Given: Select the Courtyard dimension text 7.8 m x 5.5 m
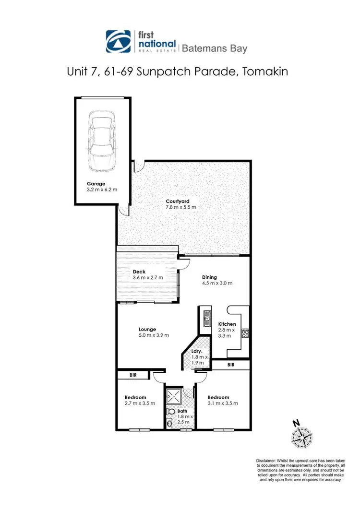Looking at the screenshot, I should pyautogui.click(x=180, y=207).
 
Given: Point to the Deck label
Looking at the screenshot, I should pyautogui.click(x=139, y=271).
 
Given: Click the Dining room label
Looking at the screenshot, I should pyautogui.click(x=209, y=277).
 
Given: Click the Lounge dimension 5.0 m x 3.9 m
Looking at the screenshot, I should pyautogui.click(x=154, y=335).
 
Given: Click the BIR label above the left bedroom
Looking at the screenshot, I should pyautogui.click(x=133, y=376).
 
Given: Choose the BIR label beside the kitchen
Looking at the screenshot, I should pyautogui.click(x=231, y=365).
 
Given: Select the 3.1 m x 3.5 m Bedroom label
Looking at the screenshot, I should pyautogui.click(x=218, y=397).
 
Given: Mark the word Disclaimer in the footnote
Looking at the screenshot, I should pyautogui.click(x=267, y=461).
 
